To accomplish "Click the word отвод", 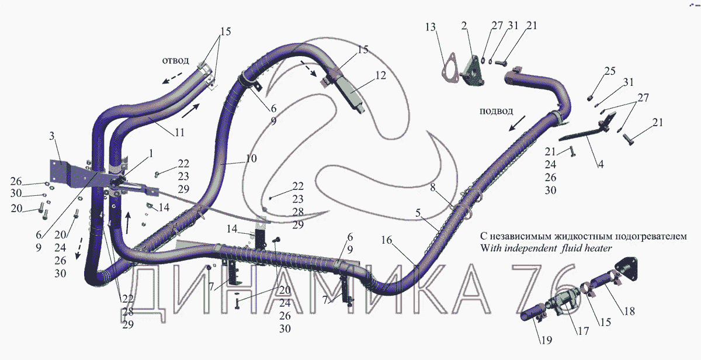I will (x=175, y=61).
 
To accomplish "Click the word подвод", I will (x=495, y=111).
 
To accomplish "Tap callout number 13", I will (x=431, y=27).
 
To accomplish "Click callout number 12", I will (x=381, y=75).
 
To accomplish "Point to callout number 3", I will (x=52, y=137).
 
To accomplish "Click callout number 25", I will (x=610, y=71).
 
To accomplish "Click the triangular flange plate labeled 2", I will (x=472, y=70).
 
